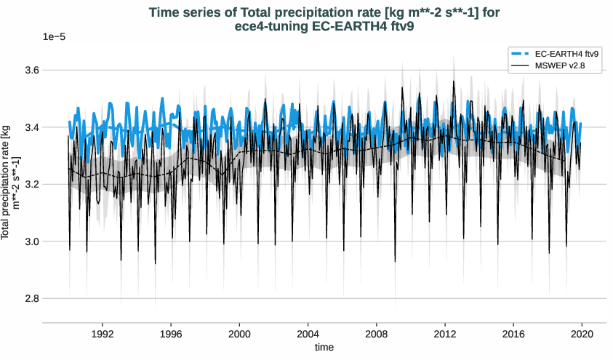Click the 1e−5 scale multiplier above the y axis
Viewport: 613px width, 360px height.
55,36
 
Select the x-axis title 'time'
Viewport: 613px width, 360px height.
324,348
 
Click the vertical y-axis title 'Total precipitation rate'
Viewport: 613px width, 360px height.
10,182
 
